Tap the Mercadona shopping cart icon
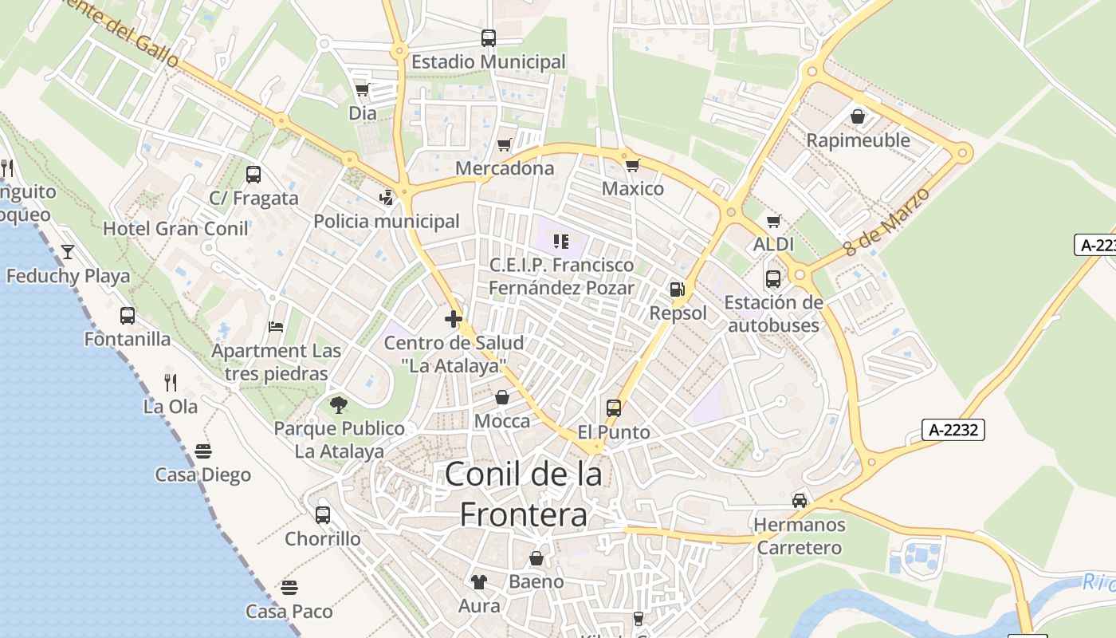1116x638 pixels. [504, 144]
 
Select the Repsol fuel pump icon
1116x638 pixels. [678, 289]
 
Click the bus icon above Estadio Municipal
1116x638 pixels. [488, 37]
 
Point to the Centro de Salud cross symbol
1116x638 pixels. [454, 319]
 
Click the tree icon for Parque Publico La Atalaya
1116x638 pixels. [339, 404]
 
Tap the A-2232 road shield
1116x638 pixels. [954, 430]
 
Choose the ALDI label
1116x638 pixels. [773, 245]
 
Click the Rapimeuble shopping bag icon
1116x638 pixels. [858, 116]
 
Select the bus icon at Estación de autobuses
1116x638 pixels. [773, 279]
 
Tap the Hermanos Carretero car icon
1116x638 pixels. [799, 500]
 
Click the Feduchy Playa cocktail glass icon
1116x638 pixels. [68, 252]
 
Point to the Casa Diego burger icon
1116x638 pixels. [202, 451]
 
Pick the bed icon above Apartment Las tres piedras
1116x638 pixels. [276, 326]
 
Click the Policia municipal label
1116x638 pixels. [387, 221]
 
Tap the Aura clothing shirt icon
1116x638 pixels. [478, 581]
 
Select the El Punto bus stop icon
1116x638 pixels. [614, 408]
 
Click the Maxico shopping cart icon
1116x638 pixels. [632, 165]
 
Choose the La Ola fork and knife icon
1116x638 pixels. [170, 382]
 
